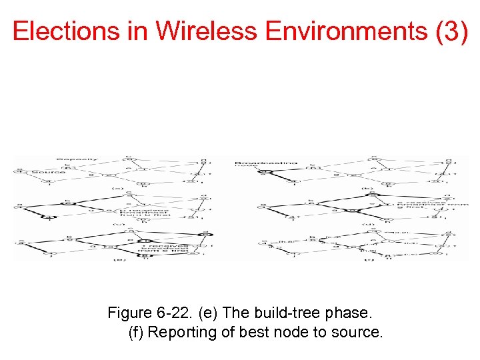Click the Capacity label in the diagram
[77, 159]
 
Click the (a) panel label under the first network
[118, 188]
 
